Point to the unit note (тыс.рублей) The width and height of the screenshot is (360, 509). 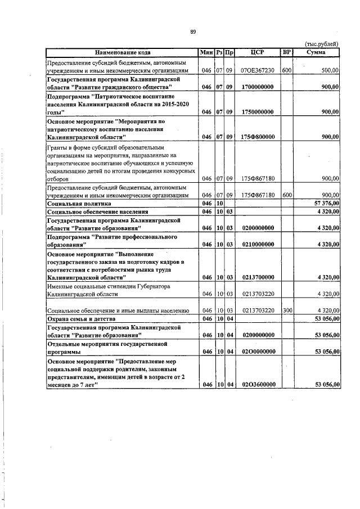pos(321,44)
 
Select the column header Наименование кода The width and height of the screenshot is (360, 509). pos(122,52)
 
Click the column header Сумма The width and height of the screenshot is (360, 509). pos(317,52)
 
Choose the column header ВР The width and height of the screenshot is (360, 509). pos(286,52)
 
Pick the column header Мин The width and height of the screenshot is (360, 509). pos(206,52)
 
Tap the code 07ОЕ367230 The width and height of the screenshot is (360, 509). pos(257,71)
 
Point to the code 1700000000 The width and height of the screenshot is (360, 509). pos(257,87)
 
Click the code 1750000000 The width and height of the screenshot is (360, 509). pos(257,112)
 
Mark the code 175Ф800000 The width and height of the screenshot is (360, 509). pos(257,137)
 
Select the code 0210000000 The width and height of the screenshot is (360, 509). pos(257,245)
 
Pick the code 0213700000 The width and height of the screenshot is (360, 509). pos(257,277)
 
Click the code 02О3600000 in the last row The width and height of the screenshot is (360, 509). pos(257,384)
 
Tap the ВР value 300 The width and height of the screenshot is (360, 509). pos(286,310)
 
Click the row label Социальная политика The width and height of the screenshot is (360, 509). pos(79,203)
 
